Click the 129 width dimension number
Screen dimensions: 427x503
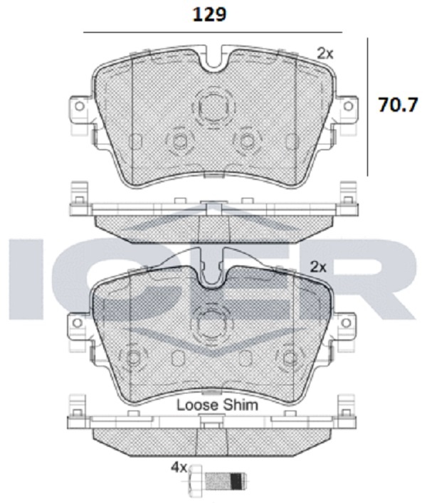click(209, 15)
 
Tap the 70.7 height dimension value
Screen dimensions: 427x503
click(398, 105)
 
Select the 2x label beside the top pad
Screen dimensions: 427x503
click(325, 53)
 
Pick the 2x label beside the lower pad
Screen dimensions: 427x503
click(318, 267)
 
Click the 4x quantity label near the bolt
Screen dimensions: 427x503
click(179, 468)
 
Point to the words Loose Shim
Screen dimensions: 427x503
click(218, 405)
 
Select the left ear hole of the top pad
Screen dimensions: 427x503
click(79, 106)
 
